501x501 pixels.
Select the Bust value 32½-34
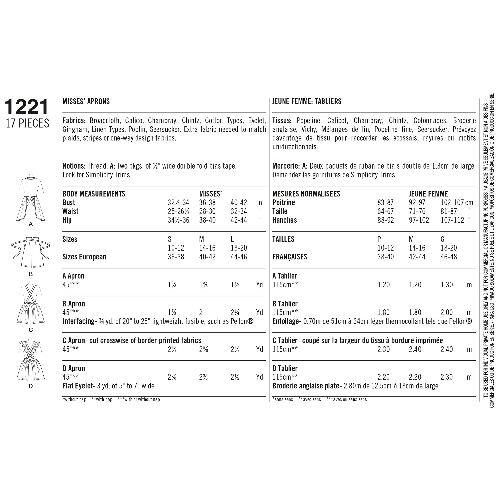coord(178,203)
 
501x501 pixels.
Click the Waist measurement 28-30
coord(207,211)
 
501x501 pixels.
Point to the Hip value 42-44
coord(239,220)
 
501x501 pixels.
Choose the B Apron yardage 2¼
coord(235,312)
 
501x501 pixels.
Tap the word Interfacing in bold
coord(78,321)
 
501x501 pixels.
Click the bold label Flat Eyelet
coord(77,386)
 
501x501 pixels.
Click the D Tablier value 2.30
coord(447,377)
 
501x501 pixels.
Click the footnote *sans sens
coord(282,400)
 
